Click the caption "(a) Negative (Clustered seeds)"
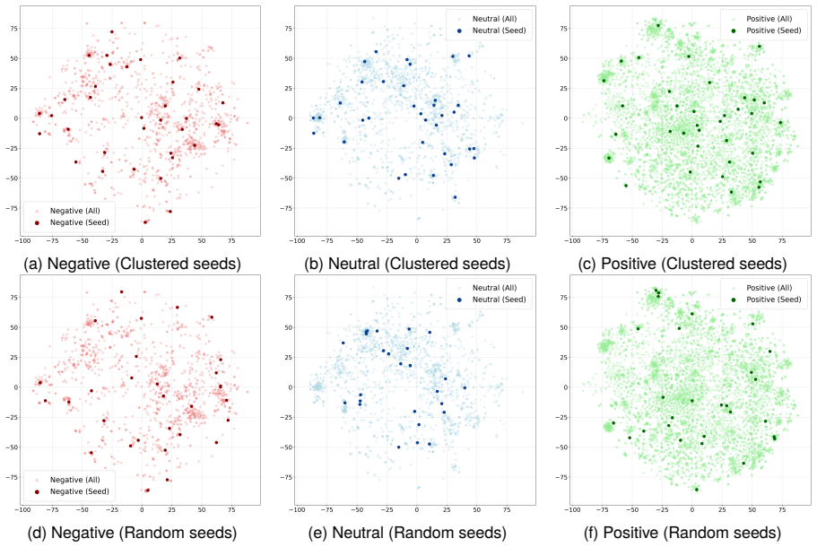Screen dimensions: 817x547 [x=133, y=264]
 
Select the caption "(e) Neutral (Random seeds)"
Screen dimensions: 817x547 [x=407, y=533]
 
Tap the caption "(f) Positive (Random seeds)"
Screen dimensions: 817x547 [x=682, y=533]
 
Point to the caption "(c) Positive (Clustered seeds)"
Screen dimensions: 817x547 [x=682, y=264]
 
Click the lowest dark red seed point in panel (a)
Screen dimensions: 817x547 [x=145, y=222]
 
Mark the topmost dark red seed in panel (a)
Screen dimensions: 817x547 [x=112, y=31]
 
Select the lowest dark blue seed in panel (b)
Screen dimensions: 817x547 [x=455, y=197]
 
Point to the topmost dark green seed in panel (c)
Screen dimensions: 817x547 [x=658, y=25]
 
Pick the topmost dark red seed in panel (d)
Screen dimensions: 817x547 [x=121, y=291]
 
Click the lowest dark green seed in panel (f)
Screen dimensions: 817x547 [x=697, y=490]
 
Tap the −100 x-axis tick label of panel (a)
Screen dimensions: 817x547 [x=22, y=240]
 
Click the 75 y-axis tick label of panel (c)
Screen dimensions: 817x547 [x=563, y=29]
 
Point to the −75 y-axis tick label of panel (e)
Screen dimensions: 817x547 [x=285, y=477]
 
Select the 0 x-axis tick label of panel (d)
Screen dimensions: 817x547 [x=142, y=509]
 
